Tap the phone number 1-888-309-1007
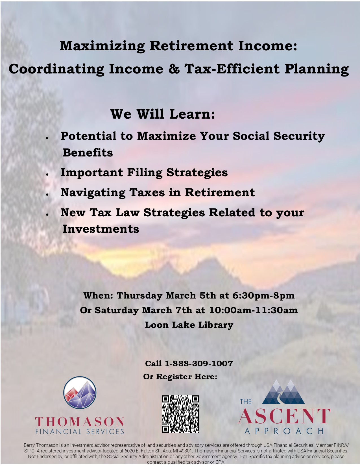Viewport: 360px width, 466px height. (198, 363)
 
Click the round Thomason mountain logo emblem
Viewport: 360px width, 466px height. (80, 393)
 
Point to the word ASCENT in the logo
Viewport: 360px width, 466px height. (284, 416)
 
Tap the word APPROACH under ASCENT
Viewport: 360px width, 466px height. (284, 431)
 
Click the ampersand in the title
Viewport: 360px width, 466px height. (174, 69)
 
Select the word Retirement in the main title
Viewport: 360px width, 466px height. (191, 46)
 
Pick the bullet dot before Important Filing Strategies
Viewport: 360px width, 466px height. (47, 175)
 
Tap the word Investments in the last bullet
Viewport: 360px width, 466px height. (101, 229)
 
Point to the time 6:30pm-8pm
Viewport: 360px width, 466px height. (263, 295)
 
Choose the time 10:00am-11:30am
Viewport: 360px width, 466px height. (254, 310)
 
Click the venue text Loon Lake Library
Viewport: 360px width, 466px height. (189, 325)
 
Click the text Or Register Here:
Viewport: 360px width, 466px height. (180, 376)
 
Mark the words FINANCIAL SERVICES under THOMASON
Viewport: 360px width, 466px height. (80, 432)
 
